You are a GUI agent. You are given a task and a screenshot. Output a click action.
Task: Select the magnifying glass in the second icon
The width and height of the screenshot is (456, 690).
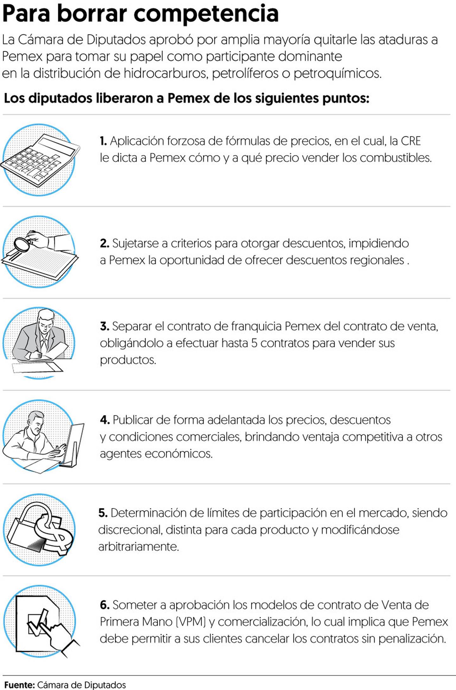click(x=22, y=244)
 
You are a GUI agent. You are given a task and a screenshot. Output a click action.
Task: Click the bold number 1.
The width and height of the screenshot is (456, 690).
click(x=103, y=141)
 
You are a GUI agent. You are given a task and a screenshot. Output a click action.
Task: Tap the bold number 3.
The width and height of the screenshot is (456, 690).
click(x=104, y=326)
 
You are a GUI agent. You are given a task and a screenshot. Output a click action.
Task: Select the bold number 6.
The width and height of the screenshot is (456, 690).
click(x=104, y=605)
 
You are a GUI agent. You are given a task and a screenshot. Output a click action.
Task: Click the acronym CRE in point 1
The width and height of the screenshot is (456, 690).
click(x=411, y=141)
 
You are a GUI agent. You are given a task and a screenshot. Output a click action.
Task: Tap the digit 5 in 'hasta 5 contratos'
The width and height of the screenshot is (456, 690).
click(x=254, y=343)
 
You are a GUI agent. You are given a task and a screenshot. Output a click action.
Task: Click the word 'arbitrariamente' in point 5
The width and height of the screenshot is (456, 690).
click(x=138, y=546)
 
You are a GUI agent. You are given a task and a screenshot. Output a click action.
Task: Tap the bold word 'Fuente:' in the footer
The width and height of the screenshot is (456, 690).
click(x=19, y=685)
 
